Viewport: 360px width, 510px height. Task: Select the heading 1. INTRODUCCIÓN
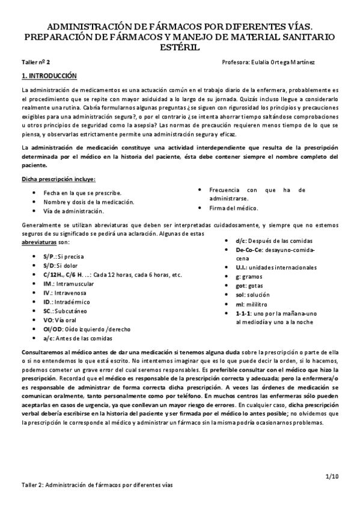pos(49,76)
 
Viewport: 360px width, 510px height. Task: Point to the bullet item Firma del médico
pos(234,208)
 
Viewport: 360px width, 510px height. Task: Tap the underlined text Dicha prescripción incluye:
pos(58,179)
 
